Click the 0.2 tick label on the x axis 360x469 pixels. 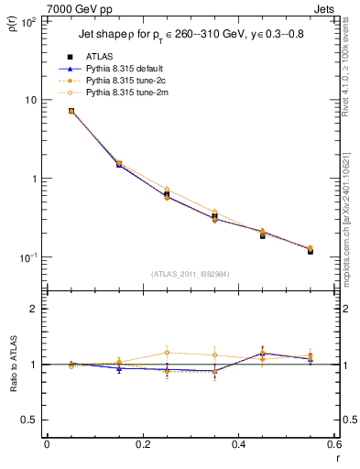[142, 445]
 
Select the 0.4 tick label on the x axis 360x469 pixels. [238, 445]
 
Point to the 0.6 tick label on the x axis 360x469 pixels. [333, 445]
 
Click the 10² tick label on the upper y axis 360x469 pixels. [27, 21]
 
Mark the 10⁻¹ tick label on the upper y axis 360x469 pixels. [27, 257]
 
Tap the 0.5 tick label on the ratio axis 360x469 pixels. [29, 420]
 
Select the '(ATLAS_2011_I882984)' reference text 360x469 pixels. [190, 274]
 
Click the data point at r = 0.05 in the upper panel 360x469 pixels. [71, 111]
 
